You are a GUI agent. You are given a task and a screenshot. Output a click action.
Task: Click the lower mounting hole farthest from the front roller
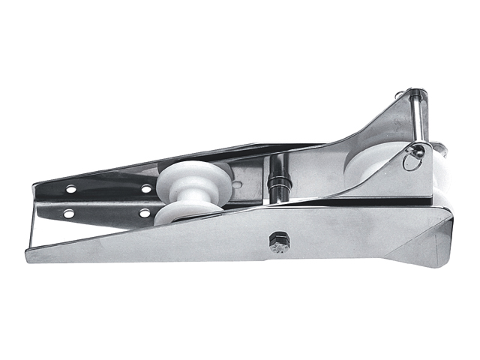68,214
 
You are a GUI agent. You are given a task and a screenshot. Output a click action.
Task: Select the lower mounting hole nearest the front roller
145,214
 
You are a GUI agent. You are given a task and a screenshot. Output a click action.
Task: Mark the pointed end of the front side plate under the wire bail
34,255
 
